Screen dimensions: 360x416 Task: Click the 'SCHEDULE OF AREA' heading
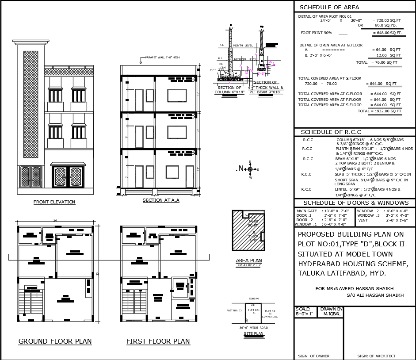pyautogui.click(x=329, y=7)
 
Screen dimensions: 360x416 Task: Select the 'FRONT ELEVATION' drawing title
pyautogui.click(x=54, y=202)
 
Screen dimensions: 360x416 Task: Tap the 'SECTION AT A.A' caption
pyautogui.click(x=161, y=200)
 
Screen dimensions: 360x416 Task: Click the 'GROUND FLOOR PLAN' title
pyautogui.click(x=55, y=341)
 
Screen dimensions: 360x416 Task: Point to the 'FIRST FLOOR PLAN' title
pyautogui.click(x=158, y=341)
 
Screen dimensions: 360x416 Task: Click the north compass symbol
pyautogui.click(x=250, y=169)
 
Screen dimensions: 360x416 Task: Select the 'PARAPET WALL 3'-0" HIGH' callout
pyautogui.click(x=162, y=57)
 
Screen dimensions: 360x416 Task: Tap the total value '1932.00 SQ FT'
pyautogui.click(x=386, y=111)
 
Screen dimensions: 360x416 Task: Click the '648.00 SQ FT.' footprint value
pyautogui.click(x=387, y=33)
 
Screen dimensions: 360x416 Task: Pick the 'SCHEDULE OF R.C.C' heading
pyautogui.click(x=331, y=132)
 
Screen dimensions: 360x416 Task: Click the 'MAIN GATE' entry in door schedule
pyautogui.click(x=307, y=211)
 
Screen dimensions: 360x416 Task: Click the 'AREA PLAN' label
pyautogui.click(x=248, y=260)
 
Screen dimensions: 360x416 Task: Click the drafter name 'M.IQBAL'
pyautogui.click(x=331, y=314)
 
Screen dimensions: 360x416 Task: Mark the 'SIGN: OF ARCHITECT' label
pyautogui.click(x=376, y=356)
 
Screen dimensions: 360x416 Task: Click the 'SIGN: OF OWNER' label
pyautogui.click(x=313, y=356)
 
